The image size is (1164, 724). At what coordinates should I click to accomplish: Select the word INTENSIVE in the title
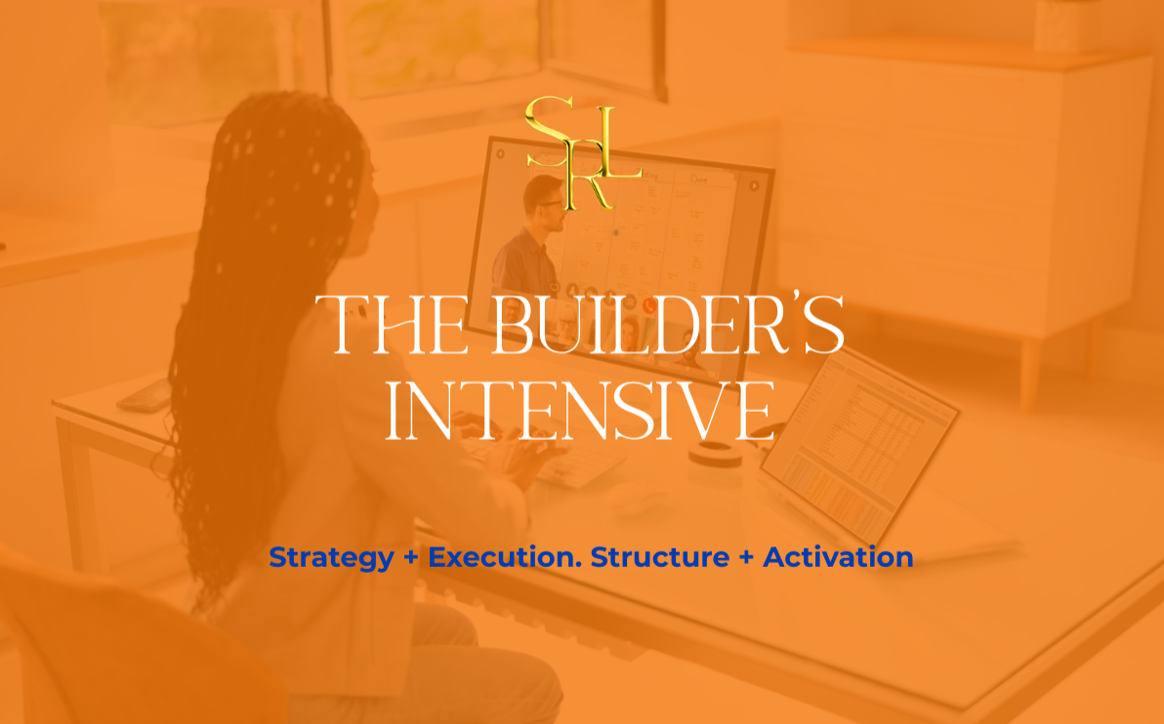pos(581,412)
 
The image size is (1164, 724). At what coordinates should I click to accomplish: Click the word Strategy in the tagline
pos(331,558)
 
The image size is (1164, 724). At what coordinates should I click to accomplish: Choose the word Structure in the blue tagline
pos(660,557)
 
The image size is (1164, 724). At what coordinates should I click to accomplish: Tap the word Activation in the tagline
pos(838,557)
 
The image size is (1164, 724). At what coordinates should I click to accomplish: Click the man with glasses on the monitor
pos(528,236)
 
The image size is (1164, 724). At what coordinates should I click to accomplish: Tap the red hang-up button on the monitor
pos(648,304)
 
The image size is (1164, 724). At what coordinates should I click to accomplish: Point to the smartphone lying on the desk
pos(145,395)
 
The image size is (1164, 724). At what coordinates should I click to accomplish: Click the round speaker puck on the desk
pos(715,454)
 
